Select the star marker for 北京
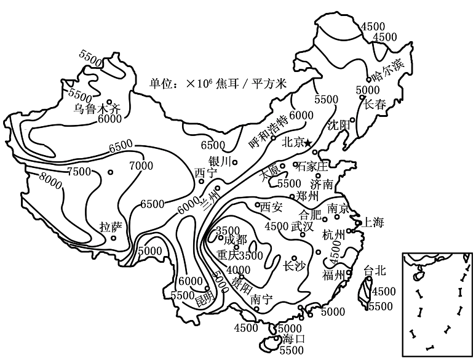(308, 143)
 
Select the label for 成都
(235, 239)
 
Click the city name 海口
(290, 339)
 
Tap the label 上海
(373, 222)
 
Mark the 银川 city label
(219, 161)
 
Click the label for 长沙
(293, 266)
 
